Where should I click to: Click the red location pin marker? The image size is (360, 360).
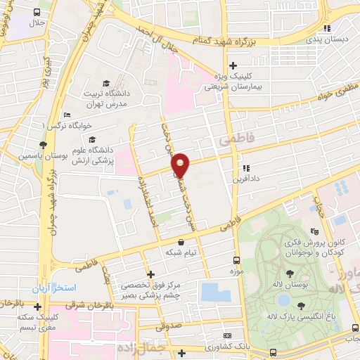[x=181, y=165]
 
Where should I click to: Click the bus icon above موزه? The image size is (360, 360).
[x=236, y=259]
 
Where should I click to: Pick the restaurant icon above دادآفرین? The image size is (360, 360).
[x=245, y=168]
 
